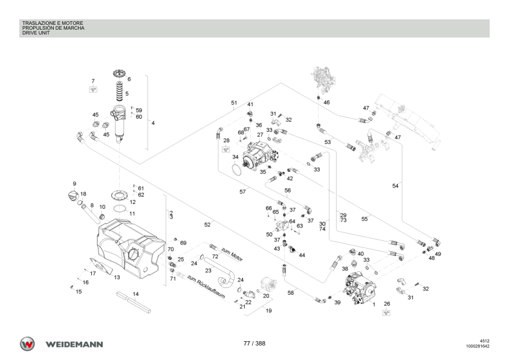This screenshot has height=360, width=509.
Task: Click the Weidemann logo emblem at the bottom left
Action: click(28, 344)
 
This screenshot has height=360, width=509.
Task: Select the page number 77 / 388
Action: click(254, 344)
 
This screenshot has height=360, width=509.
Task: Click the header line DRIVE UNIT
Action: click(37, 33)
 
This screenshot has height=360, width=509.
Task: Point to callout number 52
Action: click(207, 224)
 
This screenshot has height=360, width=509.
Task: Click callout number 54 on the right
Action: click(395, 186)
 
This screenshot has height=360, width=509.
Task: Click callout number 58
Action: click(290, 293)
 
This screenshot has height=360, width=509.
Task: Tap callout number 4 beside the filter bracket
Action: click(153, 123)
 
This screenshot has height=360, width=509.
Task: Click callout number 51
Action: click(233, 103)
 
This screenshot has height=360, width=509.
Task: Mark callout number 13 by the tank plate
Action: click(117, 277)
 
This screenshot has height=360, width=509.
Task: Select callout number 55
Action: click(365, 219)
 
